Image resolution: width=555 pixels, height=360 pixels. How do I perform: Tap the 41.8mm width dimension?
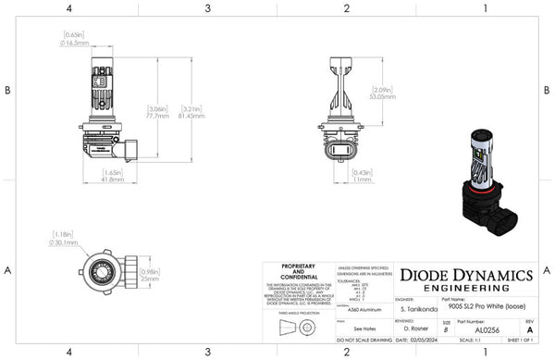pos(111,179)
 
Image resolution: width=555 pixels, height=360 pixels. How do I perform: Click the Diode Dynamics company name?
pos(464,274)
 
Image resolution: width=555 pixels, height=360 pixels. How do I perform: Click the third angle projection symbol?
pos(293,329)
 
